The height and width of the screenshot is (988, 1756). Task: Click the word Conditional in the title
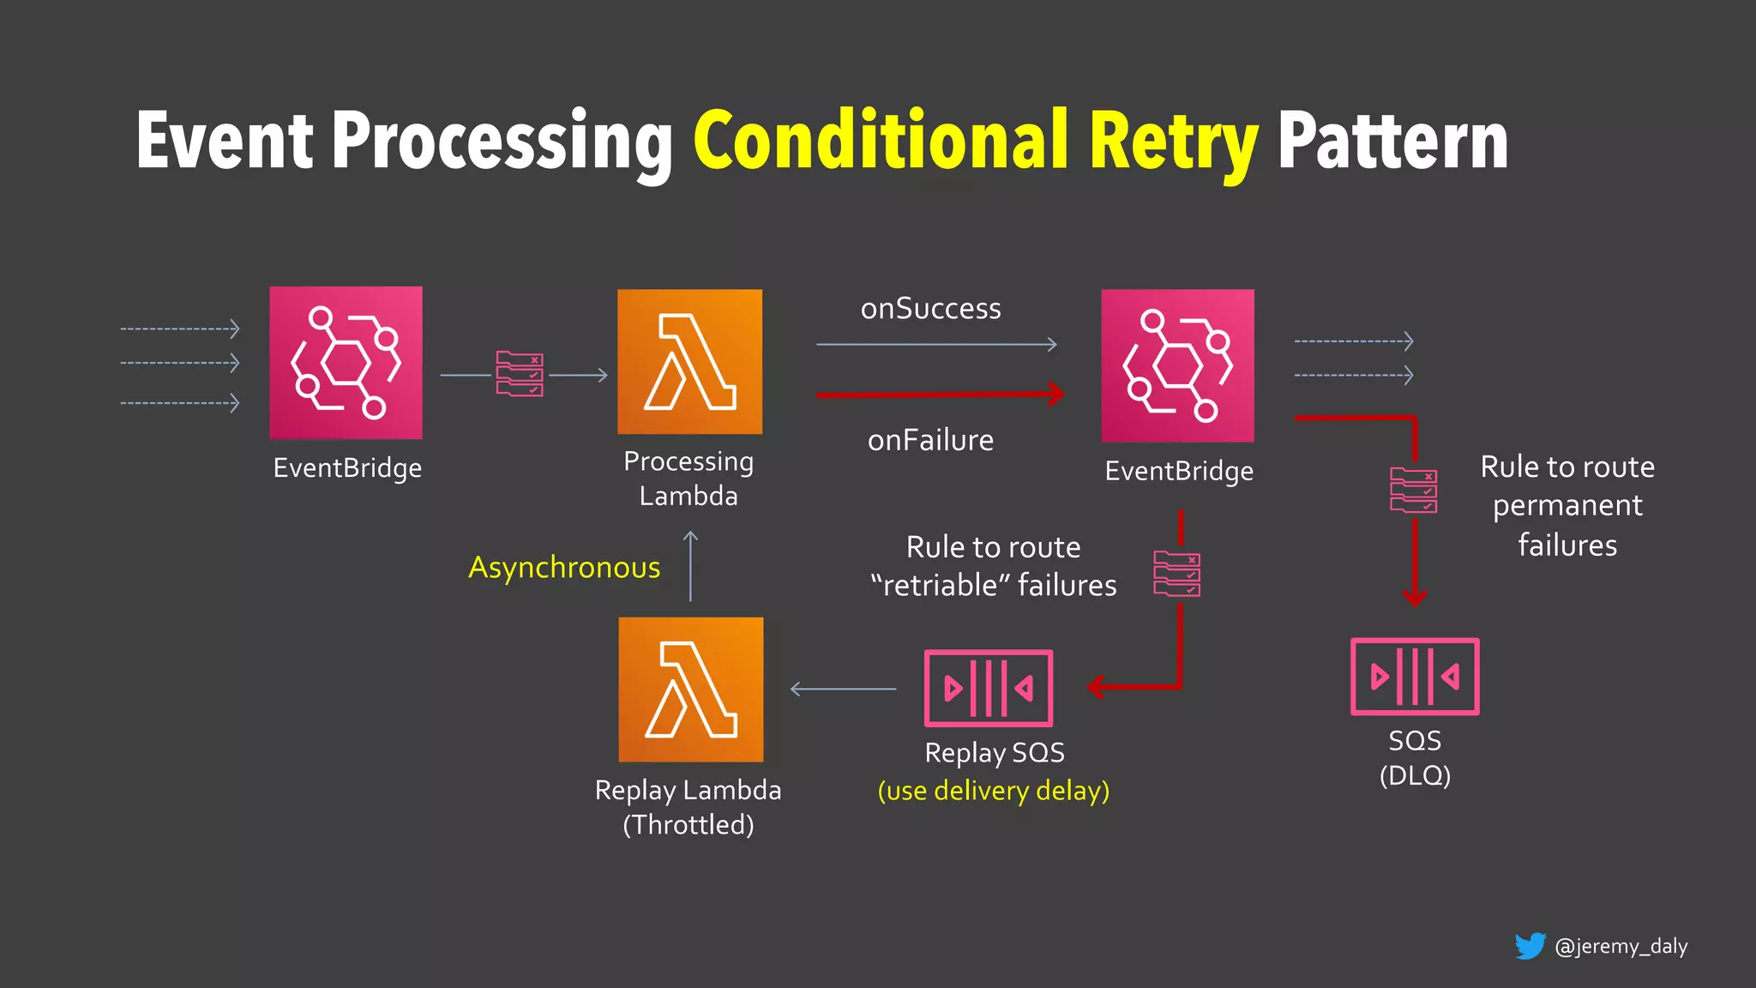(x=881, y=142)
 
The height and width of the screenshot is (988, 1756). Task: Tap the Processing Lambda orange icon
(x=689, y=361)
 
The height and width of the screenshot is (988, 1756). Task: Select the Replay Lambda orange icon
(x=690, y=690)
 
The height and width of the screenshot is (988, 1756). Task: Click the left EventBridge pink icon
(x=346, y=362)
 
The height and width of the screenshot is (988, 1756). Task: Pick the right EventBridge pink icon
(x=1177, y=365)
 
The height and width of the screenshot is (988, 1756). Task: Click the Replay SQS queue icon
(x=988, y=688)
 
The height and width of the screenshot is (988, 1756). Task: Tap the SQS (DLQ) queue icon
(x=1415, y=677)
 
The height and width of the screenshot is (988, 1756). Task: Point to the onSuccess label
(x=930, y=309)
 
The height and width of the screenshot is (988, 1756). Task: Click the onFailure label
(x=930, y=440)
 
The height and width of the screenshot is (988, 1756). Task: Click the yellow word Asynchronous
(x=564, y=567)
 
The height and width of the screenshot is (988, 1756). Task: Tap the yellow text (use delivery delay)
(x=993, y=790)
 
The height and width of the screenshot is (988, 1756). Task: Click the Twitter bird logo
(x=1530, y=946)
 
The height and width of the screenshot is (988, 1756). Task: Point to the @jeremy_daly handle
(x=1621, y=946)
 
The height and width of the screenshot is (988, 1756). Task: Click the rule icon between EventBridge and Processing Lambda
(x=520, y=374)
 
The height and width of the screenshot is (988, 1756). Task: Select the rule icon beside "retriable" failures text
(x=1176, y=574)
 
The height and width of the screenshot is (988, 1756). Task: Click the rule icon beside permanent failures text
(x=1413, y=491)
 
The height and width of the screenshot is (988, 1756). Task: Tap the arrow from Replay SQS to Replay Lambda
(x=843, y=689)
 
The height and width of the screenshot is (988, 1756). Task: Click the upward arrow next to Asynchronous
(x=690, y=566)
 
